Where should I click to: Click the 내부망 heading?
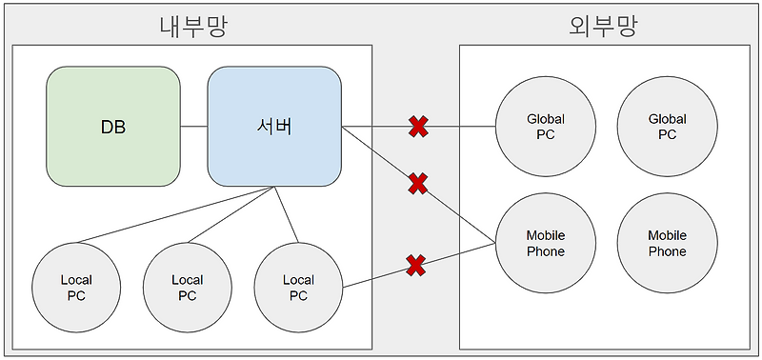pos(193,26)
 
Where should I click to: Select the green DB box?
pos(113,126)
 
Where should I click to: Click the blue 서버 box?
pos(274,126)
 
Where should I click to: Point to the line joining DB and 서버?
pos(194,126)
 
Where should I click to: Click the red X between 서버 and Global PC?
pos(417,126)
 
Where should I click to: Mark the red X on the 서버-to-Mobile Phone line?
pos(417,183)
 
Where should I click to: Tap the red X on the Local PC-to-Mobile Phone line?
pos(415,265)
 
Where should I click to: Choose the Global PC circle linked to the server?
pos(546,127)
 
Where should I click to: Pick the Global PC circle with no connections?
pos(667,127)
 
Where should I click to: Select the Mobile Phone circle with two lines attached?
pos(546,243)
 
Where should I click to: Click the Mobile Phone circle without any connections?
pos(667,243)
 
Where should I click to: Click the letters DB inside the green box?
pos(113,127)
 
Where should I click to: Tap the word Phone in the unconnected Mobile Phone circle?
pos(667,251)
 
